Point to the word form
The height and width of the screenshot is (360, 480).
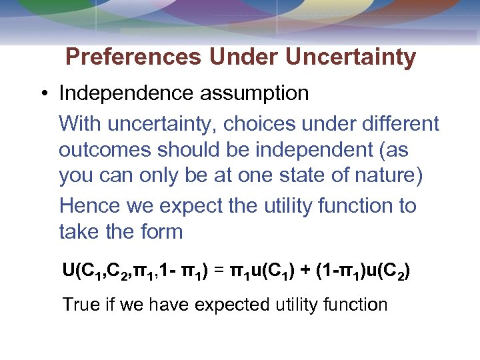[x=163, y=232]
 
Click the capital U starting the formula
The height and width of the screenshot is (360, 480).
[x=68, y=271]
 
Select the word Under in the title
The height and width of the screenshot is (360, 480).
[x=243, y=57]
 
